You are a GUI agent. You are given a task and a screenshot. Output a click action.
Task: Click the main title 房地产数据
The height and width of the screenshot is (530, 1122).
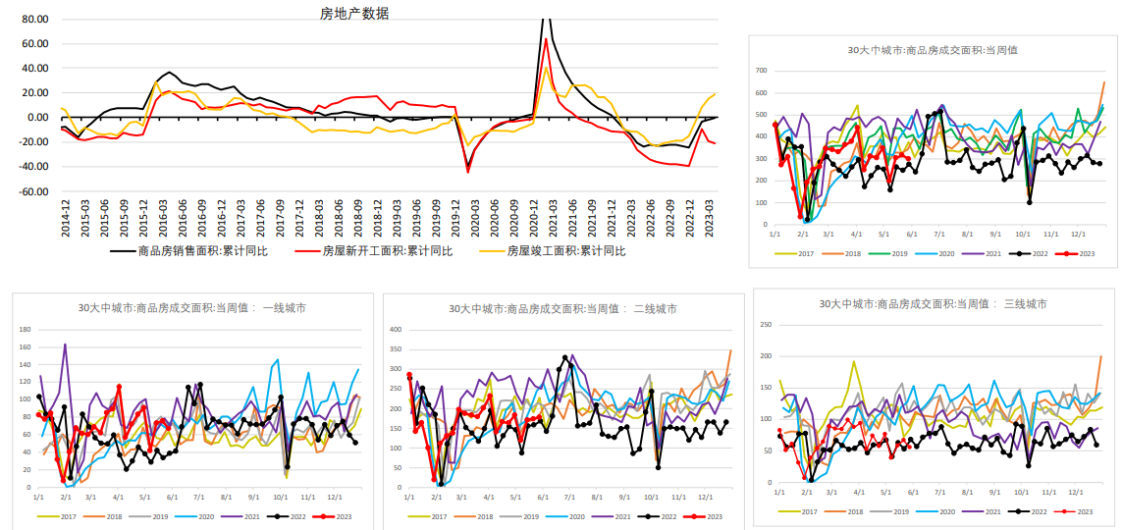pos(354,13)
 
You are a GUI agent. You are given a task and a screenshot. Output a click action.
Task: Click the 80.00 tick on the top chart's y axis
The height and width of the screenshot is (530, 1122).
pos(34,19)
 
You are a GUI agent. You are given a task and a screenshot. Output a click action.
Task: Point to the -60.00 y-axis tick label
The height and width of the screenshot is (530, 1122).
pos(32,191)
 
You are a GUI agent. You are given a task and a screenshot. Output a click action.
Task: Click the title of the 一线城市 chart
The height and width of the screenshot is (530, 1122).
pos(191,307)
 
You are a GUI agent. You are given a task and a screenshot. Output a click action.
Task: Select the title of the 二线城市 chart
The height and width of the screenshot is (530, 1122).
pos(562,308)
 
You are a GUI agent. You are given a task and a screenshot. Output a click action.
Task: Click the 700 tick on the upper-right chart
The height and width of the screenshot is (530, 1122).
pos(760,71)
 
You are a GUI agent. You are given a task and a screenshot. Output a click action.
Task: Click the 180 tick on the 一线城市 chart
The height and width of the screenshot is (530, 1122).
pos(25,329)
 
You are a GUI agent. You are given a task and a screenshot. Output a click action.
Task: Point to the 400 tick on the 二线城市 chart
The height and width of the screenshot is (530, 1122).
pos(396,329)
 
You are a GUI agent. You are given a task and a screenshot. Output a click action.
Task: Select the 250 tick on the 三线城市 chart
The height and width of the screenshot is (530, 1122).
pos(767,325)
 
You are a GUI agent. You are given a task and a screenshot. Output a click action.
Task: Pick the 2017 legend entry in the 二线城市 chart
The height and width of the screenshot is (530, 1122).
pos(438,516)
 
